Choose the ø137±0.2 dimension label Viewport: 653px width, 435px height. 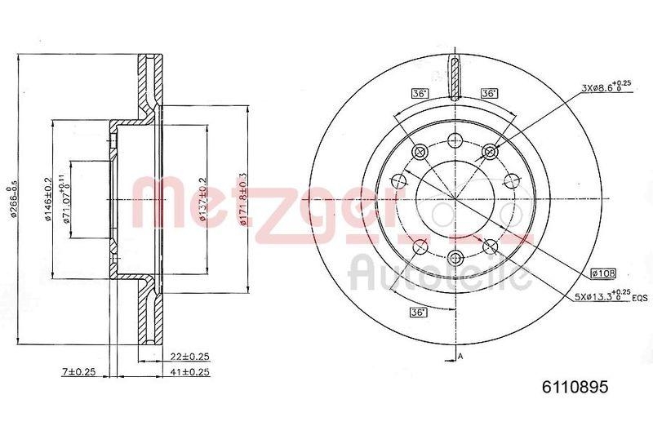202,199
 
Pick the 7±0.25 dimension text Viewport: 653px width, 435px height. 80,372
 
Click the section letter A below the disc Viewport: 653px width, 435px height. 461,356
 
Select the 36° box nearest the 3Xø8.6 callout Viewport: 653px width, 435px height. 490,93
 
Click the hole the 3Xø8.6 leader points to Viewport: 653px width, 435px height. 490,151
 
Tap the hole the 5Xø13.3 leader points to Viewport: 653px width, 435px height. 490,246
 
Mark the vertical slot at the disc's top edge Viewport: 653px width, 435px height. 455,76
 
